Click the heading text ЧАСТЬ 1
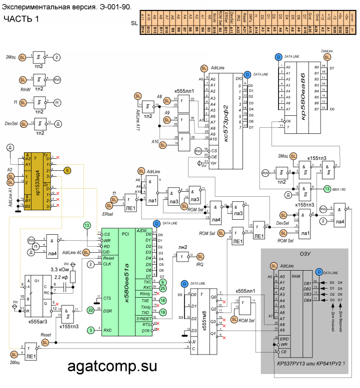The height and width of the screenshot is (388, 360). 21,19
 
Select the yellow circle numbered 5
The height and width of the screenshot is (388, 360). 67,170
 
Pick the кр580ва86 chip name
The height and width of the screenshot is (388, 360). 303,90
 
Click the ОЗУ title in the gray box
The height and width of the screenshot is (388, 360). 304,254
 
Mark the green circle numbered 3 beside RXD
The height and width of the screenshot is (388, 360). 90,330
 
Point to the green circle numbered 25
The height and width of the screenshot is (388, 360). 163,288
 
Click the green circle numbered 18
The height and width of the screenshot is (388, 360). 163,300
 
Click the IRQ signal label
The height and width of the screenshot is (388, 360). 200,263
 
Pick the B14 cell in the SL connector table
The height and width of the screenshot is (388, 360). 142,30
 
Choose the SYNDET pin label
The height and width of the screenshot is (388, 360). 143,318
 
